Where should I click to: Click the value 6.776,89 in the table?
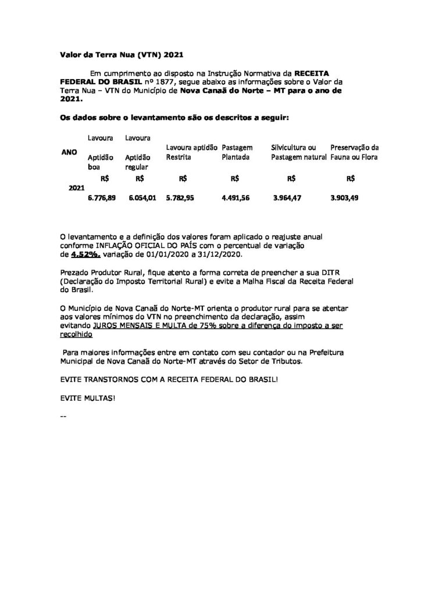click(102, 198)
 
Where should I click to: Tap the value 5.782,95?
click(180, 198)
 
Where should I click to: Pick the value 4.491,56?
click(236, 198)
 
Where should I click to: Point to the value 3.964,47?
click(288, 198)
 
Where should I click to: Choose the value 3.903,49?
click(344, 198)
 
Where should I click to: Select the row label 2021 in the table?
click(76, 188)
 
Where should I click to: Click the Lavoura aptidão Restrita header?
click(191, 152)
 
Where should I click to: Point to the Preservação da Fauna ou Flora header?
click(354, 152)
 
